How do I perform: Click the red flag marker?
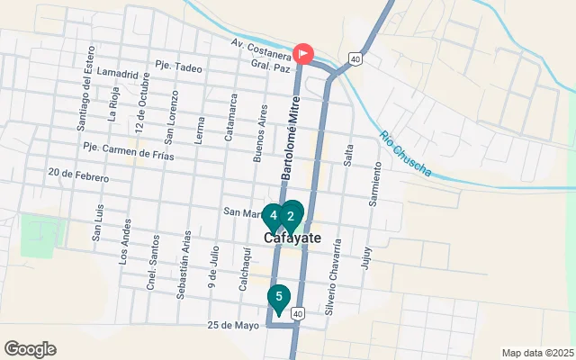[x=304, y=54]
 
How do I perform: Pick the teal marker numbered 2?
[x=291, y=216]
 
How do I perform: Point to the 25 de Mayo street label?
[x=232, y=325]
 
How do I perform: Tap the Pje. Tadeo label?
[x=176, y=66]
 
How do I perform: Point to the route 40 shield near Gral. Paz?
[x=356, y=59]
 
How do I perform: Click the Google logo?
[x=30, y=349]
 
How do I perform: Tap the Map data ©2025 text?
[x=536, y=353]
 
